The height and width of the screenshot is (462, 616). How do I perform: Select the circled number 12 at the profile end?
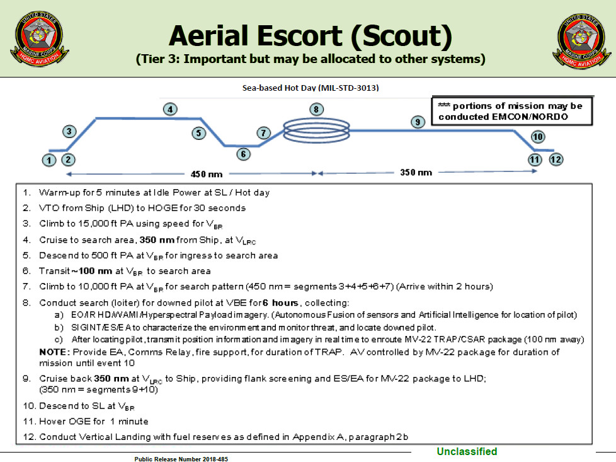point(556,159)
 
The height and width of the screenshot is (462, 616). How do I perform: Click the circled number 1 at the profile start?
point(50,160)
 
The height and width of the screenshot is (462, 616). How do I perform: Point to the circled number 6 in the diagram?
point(243,154)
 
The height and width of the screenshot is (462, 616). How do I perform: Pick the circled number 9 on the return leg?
point(416,122)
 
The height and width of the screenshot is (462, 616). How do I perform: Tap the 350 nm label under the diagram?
point(416,172)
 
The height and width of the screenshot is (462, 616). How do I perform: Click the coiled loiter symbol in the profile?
point(315,130)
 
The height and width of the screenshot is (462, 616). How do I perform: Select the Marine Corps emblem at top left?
point(39,37)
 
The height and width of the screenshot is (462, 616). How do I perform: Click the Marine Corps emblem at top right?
point(579,37)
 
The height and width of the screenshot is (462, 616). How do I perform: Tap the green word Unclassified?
point(467,451)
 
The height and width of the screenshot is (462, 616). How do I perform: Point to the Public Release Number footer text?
point(181,459)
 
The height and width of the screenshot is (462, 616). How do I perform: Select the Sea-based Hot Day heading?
point(311,88)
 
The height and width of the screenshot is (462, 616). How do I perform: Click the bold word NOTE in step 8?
point(54,352)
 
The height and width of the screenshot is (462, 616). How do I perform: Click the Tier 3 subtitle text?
point(311,60)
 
